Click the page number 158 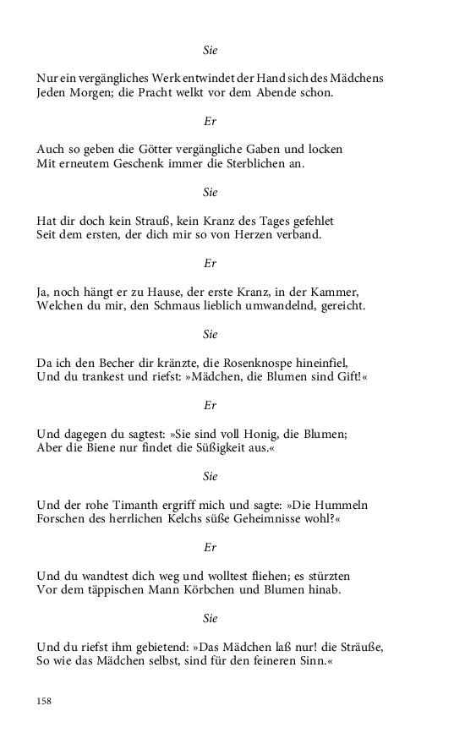pos(45,702)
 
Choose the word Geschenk pos(133,163)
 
